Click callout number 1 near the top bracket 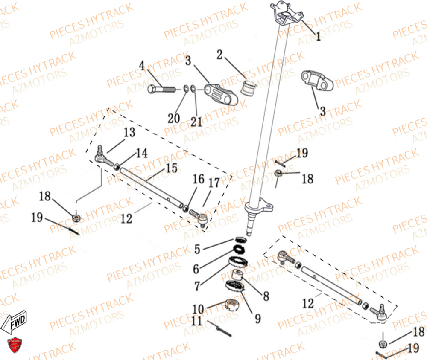pos(318,36)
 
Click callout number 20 pos(174,119)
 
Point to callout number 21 pos(196,122)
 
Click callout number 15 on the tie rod pos(172,168)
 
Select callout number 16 pos(199,179)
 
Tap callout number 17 pos(214,183)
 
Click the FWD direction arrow pos(14,322)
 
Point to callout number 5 pos(197,249)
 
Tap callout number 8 pos(266,296)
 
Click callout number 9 pos(257,318)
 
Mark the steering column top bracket pos(287,14)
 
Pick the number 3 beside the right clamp pos(323,111)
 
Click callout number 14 pos(142,153)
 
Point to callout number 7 pos(197,286)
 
